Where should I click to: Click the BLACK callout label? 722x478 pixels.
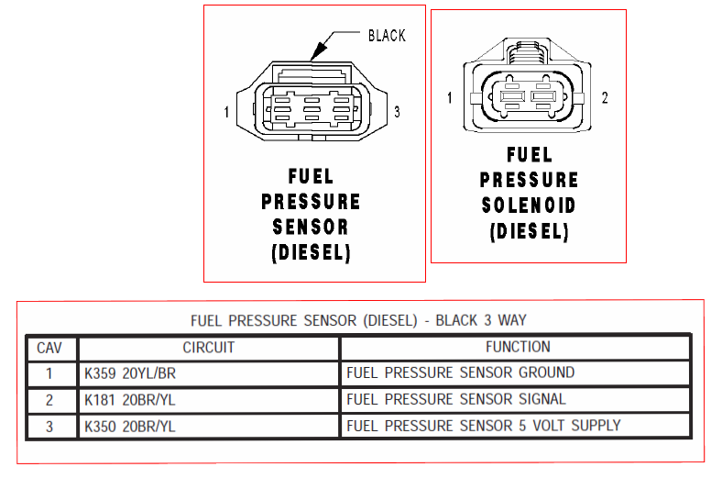tap(387, 36)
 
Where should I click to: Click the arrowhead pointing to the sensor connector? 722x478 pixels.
tap(319, 50)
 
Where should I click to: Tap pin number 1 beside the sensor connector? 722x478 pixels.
tap(226, 112)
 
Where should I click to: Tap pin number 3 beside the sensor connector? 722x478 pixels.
tap(397, 112)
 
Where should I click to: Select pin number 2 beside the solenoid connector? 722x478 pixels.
tap(605, 98)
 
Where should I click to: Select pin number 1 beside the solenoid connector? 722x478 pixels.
tap(449, 98)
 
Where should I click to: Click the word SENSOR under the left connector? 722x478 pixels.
tap(311, 227)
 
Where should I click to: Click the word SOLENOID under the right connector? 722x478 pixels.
tap(529, 206)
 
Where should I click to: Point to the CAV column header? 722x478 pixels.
tap(49, 348)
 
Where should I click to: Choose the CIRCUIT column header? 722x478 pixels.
tap(209, 348)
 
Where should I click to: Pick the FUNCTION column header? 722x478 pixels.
tap(518, 347)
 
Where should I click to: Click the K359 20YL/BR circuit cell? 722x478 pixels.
tap(130, 373)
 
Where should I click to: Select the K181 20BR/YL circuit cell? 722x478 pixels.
tap(130, 400)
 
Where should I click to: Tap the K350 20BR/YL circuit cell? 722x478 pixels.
tap(130, 427)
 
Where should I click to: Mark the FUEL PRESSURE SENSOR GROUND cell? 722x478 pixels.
tap(461, 372)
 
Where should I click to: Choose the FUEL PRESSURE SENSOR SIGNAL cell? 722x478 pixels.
tap(456, 399)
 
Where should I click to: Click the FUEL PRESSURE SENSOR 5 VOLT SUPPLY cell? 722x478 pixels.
tap(484, 426)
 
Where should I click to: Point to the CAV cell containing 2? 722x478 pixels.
tap(49, 400)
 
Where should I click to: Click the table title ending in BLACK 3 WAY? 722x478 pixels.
tap(358, 320)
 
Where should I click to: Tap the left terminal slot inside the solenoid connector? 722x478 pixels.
tap(512, 96)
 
